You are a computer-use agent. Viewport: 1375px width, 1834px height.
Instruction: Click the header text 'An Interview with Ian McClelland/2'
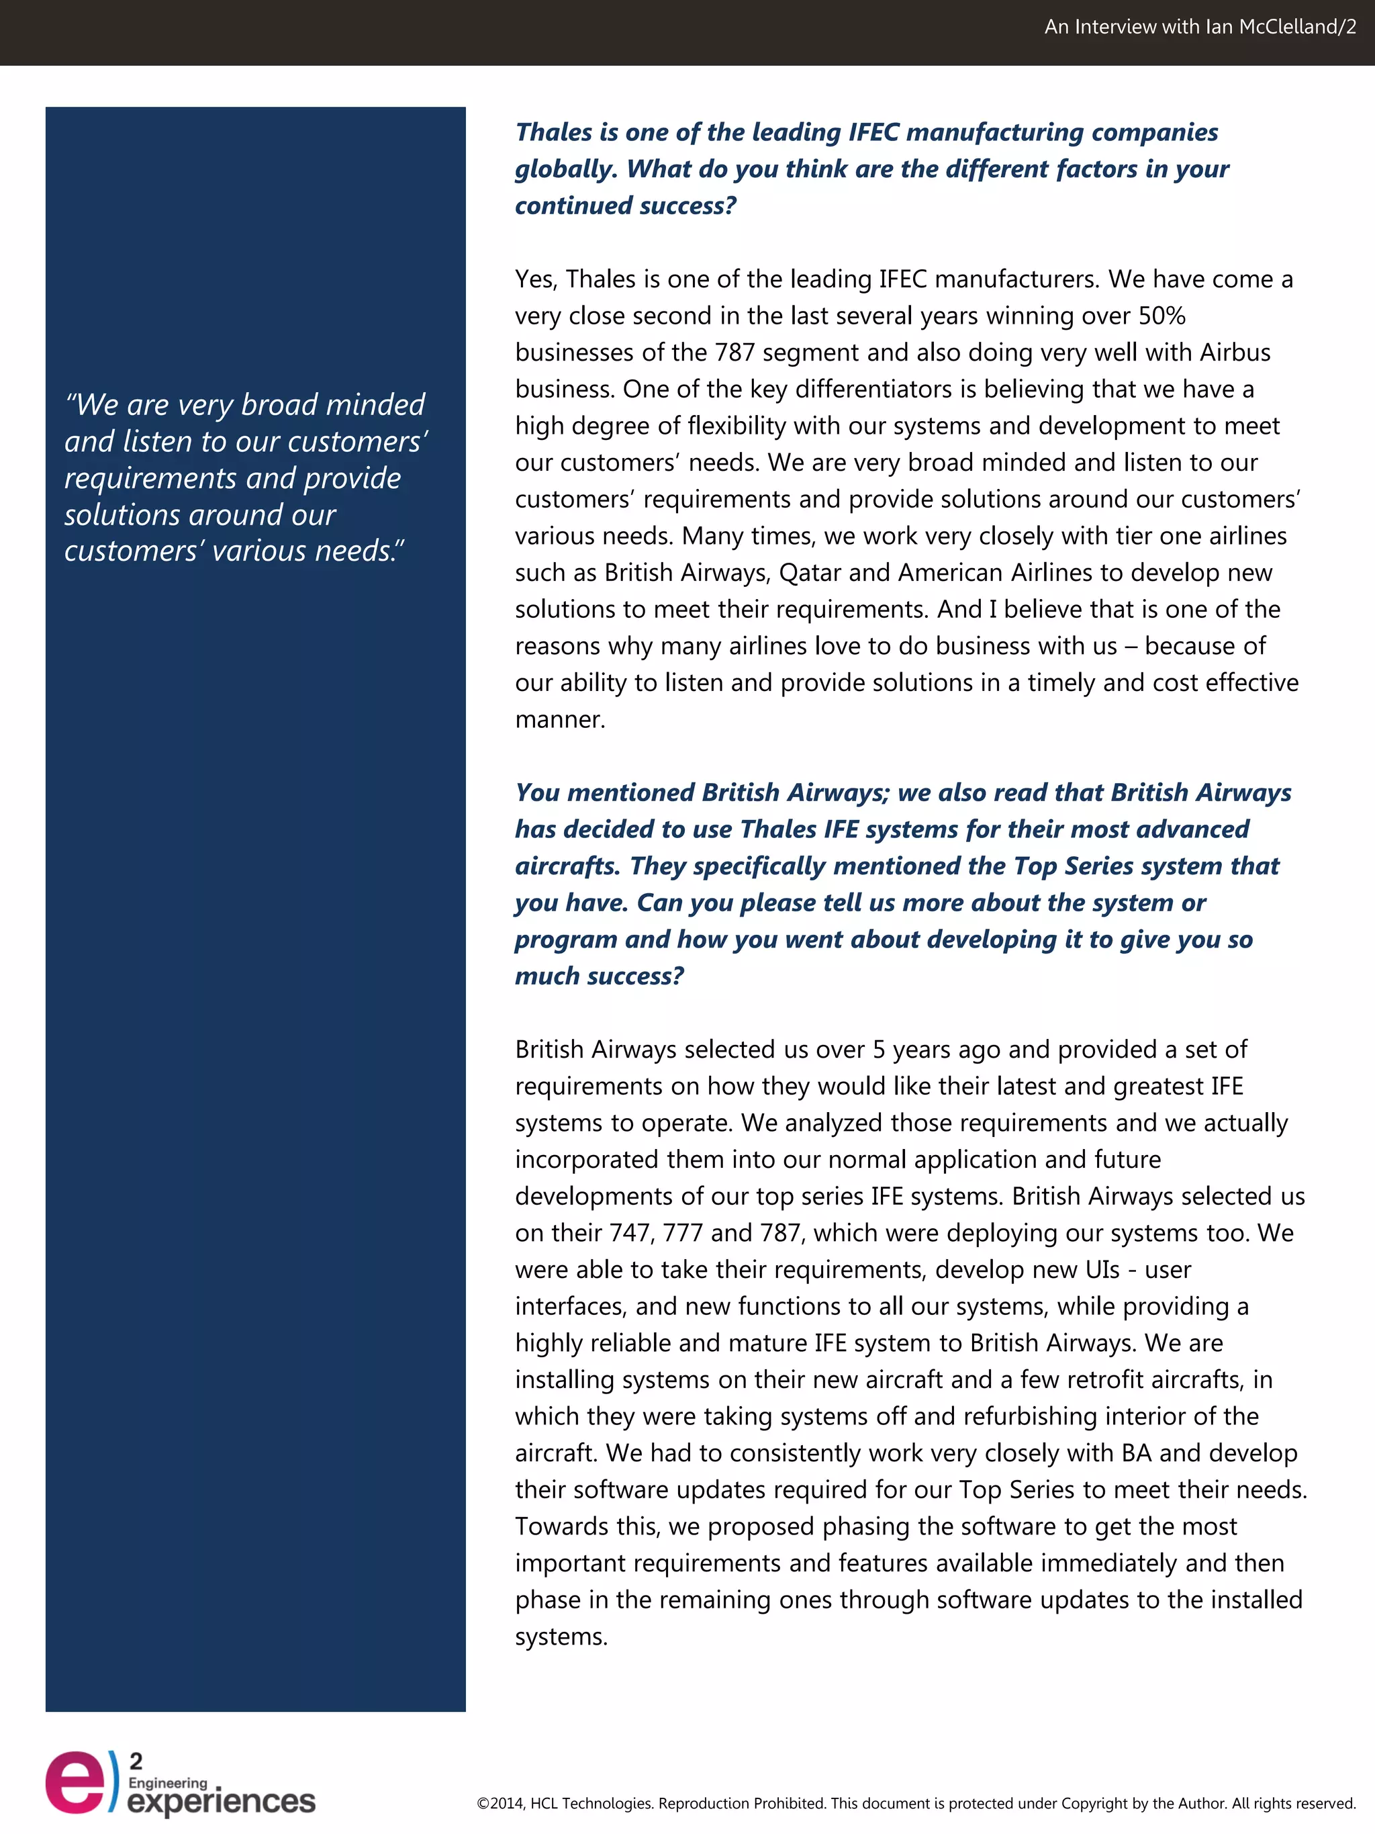point(1199,28)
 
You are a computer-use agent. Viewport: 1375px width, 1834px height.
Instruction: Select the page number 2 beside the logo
point(136,1761)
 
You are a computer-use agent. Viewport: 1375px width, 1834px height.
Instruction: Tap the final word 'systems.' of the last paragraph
point(561,1637)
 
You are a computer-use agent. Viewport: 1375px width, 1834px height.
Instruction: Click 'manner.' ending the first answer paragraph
point(561,720)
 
